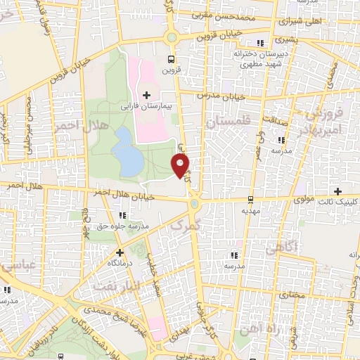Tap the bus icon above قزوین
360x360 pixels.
171,58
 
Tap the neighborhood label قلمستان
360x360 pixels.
229,122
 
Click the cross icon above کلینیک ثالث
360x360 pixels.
337,191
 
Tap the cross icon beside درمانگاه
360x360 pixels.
120,252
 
